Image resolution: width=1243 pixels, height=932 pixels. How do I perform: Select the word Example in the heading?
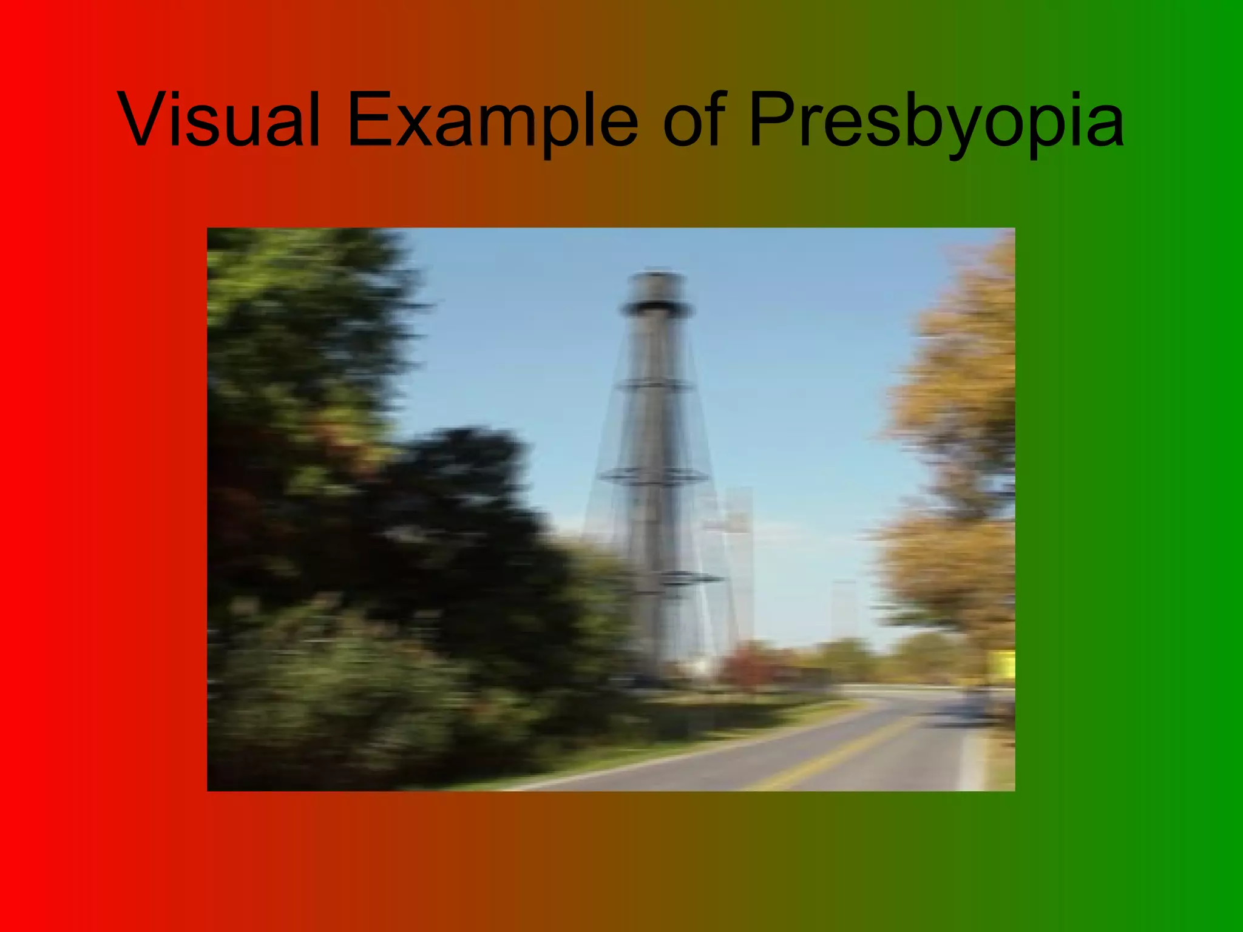pos(492,120)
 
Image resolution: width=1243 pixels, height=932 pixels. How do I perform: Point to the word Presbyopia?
pos(935,120)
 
